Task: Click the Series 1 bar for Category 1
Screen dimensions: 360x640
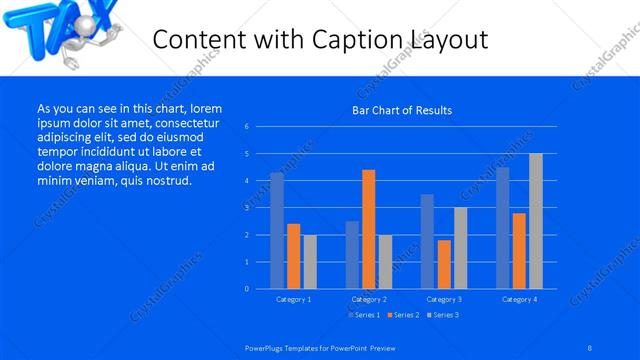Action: point(277,231)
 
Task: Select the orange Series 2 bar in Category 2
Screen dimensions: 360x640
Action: point(368,229)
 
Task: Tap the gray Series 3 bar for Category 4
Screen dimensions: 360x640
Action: point(536,221)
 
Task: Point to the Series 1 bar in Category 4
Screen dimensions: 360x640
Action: point(502,228)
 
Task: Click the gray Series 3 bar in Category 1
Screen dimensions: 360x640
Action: point(310,262)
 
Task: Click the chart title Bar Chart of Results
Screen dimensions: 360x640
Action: point(403,110)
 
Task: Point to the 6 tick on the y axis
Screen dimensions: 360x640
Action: point(246,127)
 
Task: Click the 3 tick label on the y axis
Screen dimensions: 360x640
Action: point(246,208)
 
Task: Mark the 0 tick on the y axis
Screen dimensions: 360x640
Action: point(246,289)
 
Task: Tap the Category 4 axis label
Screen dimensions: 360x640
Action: point(519,299)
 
